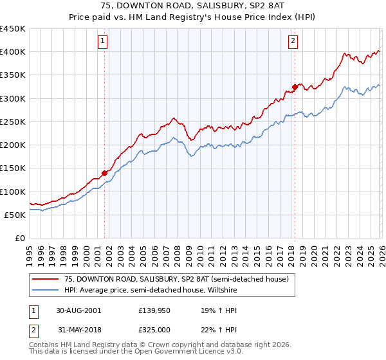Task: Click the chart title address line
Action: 193,6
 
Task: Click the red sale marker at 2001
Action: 104,172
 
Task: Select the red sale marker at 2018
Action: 294,86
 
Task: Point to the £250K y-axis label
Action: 13,122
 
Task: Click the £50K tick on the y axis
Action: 15,215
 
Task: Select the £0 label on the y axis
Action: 21,238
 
